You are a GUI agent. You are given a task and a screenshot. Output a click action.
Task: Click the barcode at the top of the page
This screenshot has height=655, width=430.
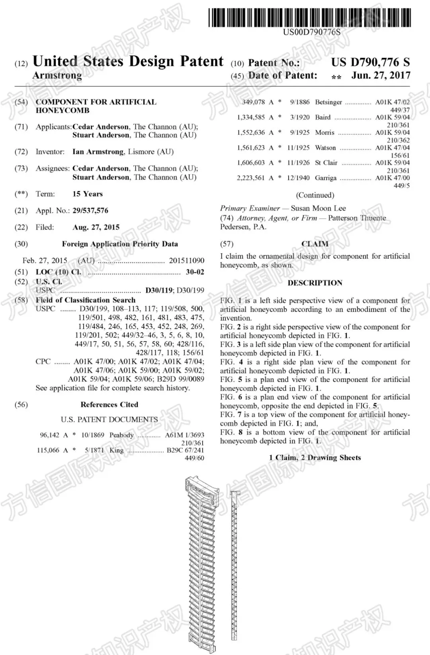[309, 18]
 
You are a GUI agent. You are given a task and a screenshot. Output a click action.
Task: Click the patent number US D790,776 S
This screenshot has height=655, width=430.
[370, 62]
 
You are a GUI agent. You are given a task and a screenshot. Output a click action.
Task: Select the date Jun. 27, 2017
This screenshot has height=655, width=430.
[380, 75]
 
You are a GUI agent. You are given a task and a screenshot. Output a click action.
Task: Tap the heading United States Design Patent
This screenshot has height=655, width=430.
[128, 61]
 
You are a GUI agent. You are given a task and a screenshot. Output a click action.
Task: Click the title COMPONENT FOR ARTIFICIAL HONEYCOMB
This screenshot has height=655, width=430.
[96, 106]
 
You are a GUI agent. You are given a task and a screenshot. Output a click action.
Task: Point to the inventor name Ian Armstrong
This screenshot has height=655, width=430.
[98, 152]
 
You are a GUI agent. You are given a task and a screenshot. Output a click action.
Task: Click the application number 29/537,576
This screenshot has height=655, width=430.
[90, 211]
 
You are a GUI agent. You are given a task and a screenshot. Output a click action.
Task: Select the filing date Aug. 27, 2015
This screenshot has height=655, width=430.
[96, 227]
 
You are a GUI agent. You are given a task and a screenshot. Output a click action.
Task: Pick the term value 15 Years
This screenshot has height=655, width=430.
[88, 194]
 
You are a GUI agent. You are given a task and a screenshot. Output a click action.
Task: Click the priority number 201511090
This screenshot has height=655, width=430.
[186, 260]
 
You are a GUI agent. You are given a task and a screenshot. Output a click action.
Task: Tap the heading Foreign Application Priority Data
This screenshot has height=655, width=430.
[120, 244]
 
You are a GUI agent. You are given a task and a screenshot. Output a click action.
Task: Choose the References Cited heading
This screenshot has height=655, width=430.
[109, 405]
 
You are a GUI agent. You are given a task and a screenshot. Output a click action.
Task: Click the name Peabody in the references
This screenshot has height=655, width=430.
[121, 435]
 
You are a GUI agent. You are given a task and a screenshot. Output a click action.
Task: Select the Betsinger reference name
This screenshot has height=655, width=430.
[328, 102]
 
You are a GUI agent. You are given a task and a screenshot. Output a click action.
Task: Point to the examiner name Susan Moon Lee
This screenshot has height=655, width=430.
[318, 208]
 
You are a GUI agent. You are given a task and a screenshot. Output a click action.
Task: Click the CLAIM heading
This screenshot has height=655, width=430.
[315, 244]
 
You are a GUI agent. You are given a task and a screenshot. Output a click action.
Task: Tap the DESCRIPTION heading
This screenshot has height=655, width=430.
[315, 283]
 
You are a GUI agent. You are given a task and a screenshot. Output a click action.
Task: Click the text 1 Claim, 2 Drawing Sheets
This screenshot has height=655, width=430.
[315, 458]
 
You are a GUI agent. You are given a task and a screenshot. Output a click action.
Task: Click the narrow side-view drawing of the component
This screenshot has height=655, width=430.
[234, 565]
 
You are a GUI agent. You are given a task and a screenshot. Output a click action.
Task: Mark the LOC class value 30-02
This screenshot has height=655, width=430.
[195, 272]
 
